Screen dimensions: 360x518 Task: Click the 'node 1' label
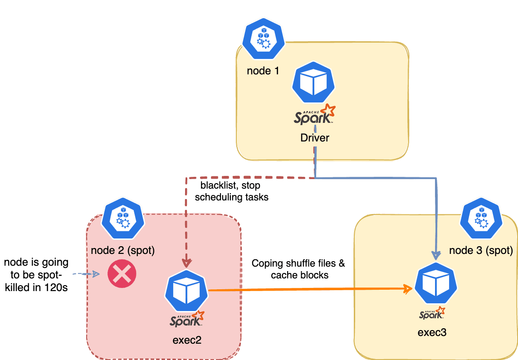tap(263, 71)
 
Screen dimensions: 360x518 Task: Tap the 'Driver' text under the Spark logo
tap(314, 138)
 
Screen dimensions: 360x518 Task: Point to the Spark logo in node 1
tap(314, 116)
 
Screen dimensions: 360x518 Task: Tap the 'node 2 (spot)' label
tap(123, 250)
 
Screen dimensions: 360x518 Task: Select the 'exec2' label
tap(187, 340)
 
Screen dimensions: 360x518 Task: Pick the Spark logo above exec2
tap(186, 320)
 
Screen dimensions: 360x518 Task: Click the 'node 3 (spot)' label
tap(481, 250)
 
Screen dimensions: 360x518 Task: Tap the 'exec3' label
tap(432, 332)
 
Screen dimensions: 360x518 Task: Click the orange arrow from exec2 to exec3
tap(308, 289)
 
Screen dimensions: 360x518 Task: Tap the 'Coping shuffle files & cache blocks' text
tap(298, 269)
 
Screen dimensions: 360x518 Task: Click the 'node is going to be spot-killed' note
tap(36, 274)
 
